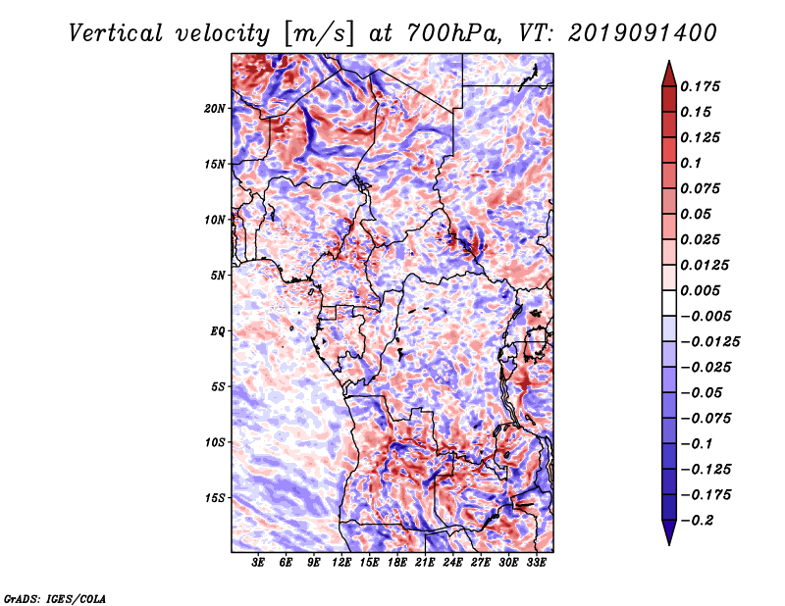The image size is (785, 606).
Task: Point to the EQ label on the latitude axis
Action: (217, 331)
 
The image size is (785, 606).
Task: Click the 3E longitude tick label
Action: (259, 564)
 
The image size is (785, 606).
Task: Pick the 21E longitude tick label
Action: (426, 564)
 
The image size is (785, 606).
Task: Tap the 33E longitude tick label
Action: (537, 564)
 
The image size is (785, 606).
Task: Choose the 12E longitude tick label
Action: (342, 564)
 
